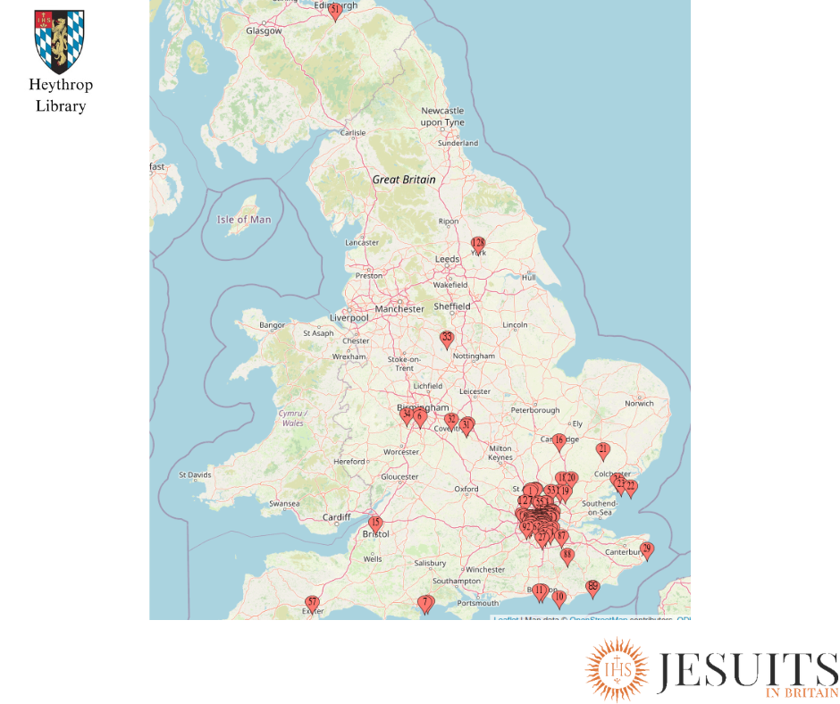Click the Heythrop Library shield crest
click(x=60, y=41)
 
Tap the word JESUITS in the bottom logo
click(x=746, y=671)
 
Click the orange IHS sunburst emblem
click(x=617, y=669)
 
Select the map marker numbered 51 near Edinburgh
click(x=335, y=11)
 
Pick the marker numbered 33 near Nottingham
click(x=447, y=339)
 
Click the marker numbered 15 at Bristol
click(x=375, y=524)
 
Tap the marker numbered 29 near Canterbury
click(x=647, y=549)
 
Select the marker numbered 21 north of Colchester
click(x=603, y=450)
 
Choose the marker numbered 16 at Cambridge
click(x=559, y=440)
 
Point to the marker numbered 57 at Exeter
click(x=312, y=603)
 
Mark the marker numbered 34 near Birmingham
click(x=407, y=415)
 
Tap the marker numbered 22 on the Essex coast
click(x=631, y=488)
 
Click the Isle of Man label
click(x=244, y=219)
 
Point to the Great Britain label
click(x=404, y=180)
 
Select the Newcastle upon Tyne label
click(x=442, y=116)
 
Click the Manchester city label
click(x=399, y=309)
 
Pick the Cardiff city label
click(x=337, y=517)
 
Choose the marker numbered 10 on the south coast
click(x=559, y=598)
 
